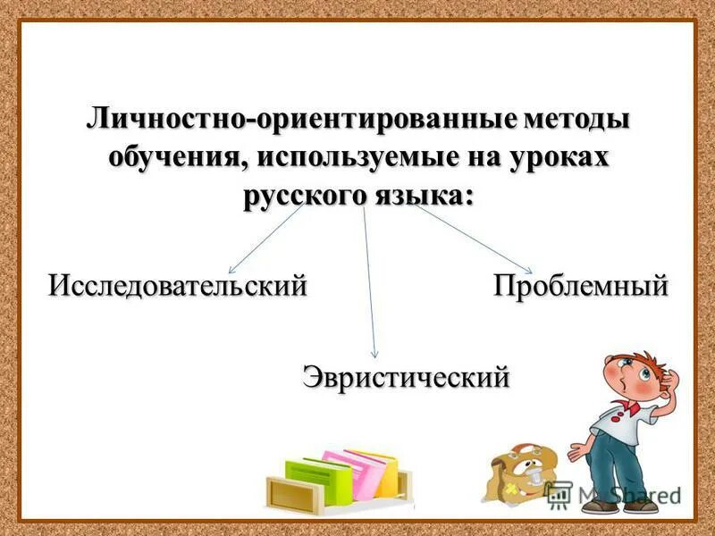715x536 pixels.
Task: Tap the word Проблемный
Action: tap(581, 286)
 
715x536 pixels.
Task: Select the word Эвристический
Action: tap(407, 376)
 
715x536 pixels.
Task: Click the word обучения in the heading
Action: tap(177, 158)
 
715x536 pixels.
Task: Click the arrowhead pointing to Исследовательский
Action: tap(231, 270)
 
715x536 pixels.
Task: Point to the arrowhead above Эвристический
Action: tap(374, 355)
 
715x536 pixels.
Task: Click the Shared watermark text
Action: tap(646, 494)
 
